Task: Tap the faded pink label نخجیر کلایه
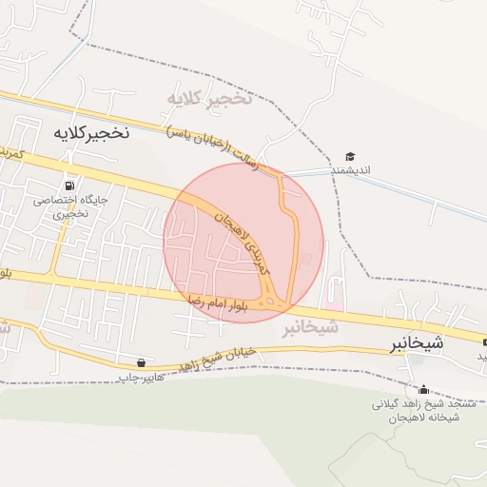click(209, 98)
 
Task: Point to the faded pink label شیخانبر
click(310, 328)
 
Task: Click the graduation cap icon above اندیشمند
click(350, 156)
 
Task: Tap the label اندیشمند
click(350, 170)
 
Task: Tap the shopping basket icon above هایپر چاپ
click(142, 362)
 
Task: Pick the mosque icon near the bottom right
click(423, 389)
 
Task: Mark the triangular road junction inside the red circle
click(277, 301)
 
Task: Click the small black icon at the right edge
click(485, 342)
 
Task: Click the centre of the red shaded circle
click(243, 243)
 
